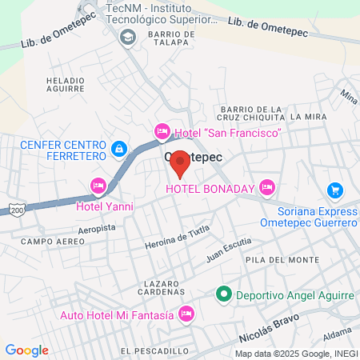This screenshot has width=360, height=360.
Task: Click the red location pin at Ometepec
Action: coord(181,163)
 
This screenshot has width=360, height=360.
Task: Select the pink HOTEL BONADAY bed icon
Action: coord(266,188)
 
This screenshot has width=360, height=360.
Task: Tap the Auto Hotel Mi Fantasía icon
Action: coord(186,314)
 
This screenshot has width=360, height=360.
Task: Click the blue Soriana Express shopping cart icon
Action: coord(335,190)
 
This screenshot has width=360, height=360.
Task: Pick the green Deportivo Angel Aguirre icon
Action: coord(224,294)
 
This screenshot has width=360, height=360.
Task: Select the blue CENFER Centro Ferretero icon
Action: coord(118,148)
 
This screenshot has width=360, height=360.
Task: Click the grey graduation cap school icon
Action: coord(127,38)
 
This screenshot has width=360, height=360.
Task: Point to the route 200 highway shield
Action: coord(16,210)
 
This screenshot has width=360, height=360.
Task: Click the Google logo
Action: coord(26,350)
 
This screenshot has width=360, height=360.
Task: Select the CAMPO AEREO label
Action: coord(45,241)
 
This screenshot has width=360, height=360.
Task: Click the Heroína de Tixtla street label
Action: coord(177,237)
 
